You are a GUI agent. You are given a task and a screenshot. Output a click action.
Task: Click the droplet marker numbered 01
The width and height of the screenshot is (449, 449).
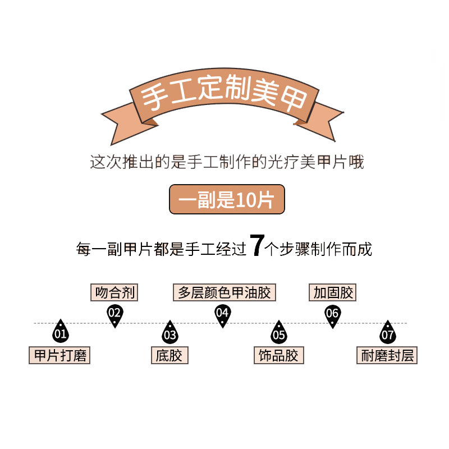click(x=60, y=333)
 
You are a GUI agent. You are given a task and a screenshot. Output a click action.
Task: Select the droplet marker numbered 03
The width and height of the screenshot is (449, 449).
click(x=169, y=333)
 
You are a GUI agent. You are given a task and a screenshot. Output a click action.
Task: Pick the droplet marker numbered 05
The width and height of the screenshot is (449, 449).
click(x=278, y=333)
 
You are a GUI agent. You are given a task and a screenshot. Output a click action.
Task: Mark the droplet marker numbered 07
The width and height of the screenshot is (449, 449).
click(x=387, y=333)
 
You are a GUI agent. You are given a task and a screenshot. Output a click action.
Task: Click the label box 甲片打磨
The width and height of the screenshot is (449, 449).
click(x=59, y=355)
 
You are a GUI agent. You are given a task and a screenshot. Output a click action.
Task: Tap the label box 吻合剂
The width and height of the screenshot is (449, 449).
click(x=114, y=292)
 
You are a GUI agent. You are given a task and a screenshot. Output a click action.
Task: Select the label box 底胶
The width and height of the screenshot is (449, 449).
click(x=169, y=355)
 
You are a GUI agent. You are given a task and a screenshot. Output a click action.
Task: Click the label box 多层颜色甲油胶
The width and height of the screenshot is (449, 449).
click(x=224, y=292)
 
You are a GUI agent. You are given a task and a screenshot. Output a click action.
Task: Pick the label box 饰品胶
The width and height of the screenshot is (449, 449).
click(x=278, y=355)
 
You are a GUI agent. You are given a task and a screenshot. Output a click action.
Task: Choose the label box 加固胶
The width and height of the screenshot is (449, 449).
click(x=332, y=292)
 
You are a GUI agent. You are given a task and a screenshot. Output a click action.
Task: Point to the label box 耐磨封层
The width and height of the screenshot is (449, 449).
click(x=387, y=355)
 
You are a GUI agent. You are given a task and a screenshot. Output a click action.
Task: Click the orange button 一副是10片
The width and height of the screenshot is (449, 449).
click(x=227, y=200)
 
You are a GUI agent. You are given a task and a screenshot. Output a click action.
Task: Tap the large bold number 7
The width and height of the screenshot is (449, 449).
click(x=256, y=246)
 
